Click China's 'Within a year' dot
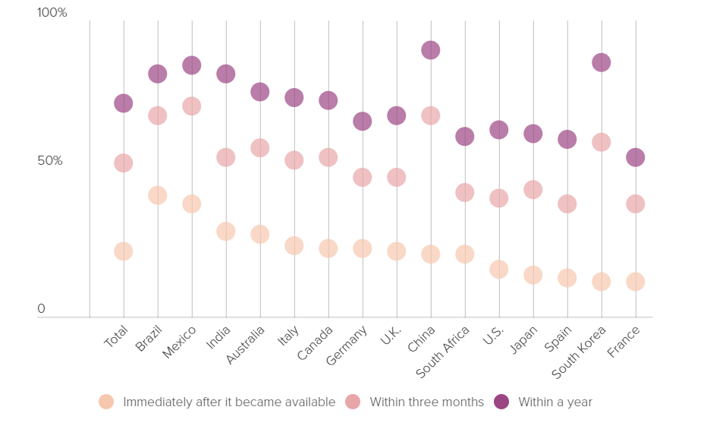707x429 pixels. pos(430,50)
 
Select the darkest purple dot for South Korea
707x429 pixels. pos(601,62)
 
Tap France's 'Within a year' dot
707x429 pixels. pos(635,157)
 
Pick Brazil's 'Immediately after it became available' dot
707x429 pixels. pos(157,195)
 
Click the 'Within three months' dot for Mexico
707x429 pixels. pos(191,106)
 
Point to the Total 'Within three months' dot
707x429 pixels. pos(123,162)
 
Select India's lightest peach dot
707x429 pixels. pos(225,231)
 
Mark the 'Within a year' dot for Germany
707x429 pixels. pos(362,121)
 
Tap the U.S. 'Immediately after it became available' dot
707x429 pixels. pos(498,269)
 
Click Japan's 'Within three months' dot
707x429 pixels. pos(533,189)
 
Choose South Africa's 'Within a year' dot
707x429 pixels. pos(464,136)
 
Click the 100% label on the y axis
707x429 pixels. pos(52,13)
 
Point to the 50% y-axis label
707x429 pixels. pos(50,161)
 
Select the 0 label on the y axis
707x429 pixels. pos(42,309)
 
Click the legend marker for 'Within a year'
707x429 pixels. pos(501,402)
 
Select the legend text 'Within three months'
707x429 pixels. pos(426,402)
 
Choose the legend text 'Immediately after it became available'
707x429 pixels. pos(229,402)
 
